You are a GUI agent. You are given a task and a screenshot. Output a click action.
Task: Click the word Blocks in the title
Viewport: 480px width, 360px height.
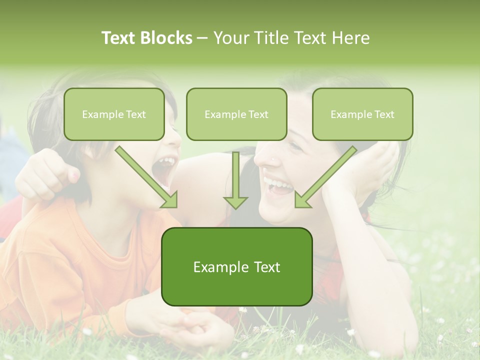pos(167,38)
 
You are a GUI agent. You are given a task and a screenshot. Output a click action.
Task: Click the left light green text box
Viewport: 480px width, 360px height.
pos(114,114)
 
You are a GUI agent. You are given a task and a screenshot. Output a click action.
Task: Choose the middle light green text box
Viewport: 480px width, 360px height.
pos(236,114)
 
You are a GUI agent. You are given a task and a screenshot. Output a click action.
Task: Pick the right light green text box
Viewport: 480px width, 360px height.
pos(362,114)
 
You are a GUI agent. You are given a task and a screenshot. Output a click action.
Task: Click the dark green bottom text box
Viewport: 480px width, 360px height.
pos(236,266)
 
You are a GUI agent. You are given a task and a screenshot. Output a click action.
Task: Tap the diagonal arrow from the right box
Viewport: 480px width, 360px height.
pos(325,177)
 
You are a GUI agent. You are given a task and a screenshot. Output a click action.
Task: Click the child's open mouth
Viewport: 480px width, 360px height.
pos(165,170)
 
